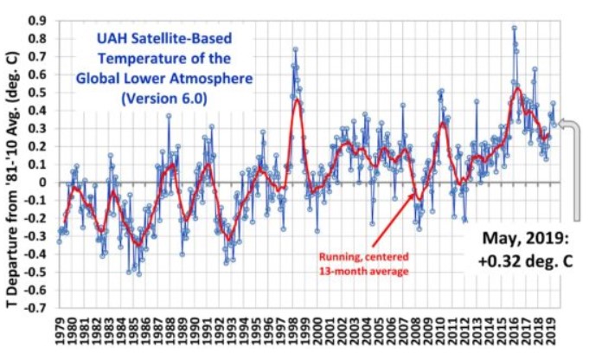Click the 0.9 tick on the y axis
38,19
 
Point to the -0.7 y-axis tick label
35,307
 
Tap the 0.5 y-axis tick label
38,92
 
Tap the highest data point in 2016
514,28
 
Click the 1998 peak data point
295,49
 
